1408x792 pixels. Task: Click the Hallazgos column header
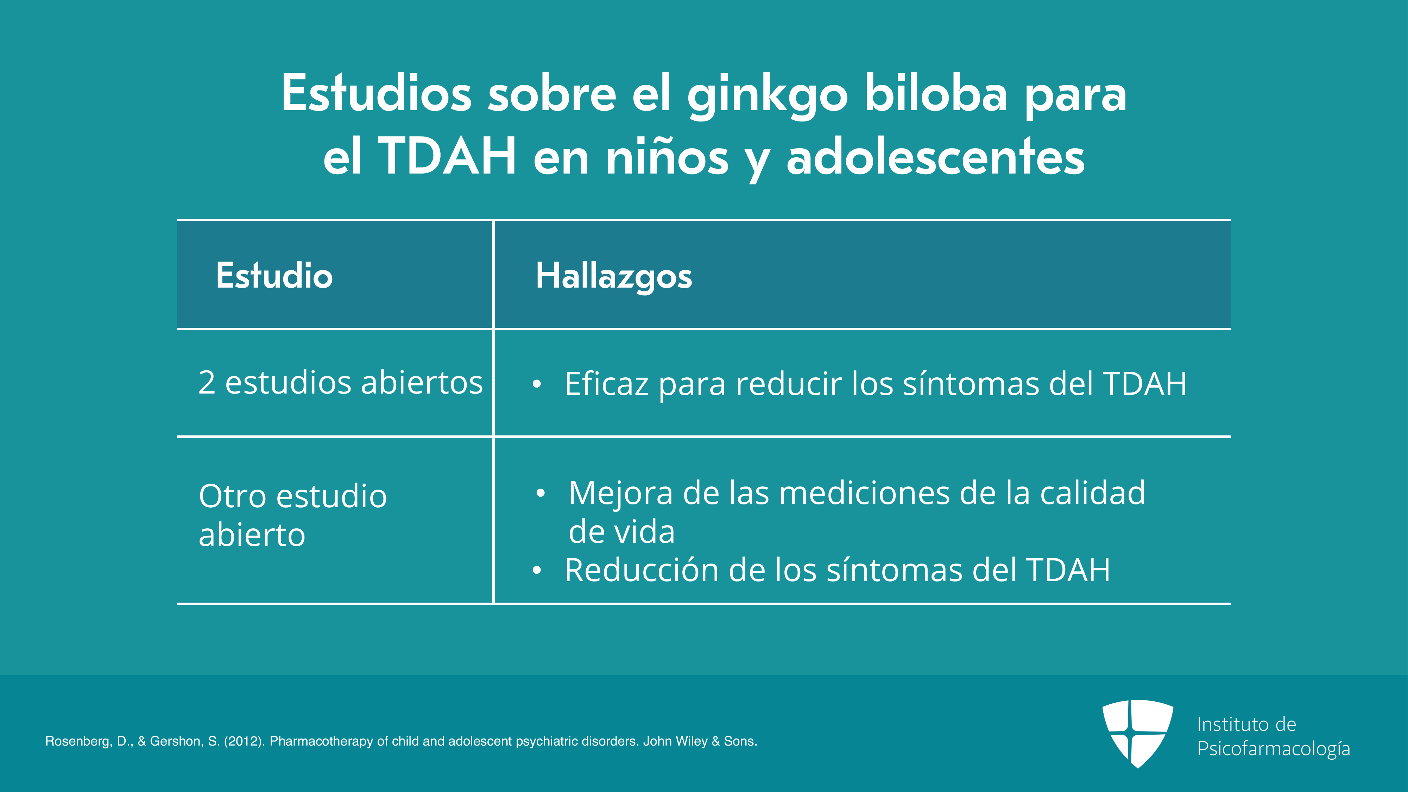(x=614, y=276)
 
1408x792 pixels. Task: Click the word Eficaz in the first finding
(x=607, y=383)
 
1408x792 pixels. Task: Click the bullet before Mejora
(x=541, y=494)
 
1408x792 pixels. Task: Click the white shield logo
(x=1137, y=734)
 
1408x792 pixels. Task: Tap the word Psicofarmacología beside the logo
(x=1274, y=749)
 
